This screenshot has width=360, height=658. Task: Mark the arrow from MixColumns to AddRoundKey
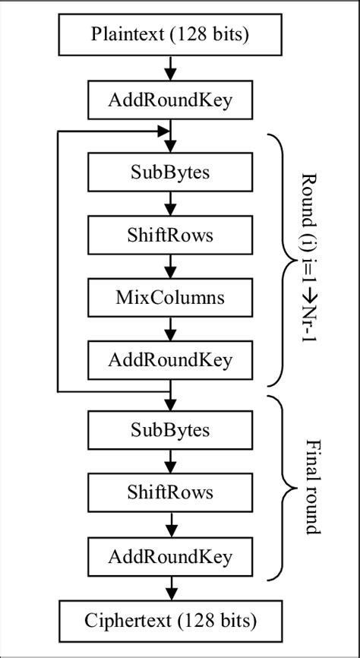coord(170,328)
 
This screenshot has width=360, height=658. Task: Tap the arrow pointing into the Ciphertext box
coord(170,588)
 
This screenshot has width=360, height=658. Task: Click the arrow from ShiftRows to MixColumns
coord(170,266)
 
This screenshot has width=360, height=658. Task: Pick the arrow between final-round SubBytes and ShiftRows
coord(170,461)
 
